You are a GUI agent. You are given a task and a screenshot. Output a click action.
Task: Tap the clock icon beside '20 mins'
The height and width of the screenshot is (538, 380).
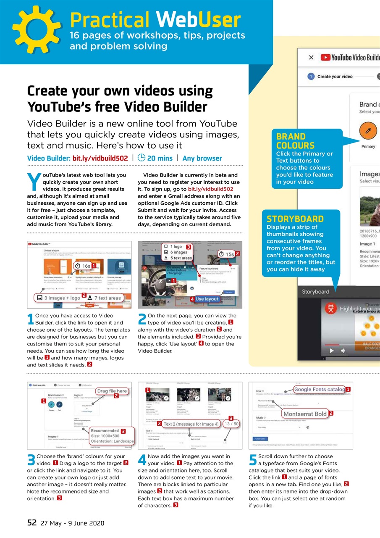click(x=141, y=158)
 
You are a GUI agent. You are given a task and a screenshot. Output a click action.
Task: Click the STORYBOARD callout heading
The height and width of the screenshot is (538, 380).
click(x=295, y=219)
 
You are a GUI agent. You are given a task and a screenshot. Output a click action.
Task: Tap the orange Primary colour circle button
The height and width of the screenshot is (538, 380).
click(x=368, y=131)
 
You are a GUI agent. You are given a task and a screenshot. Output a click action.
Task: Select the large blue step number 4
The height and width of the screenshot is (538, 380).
click(x=142, y=460)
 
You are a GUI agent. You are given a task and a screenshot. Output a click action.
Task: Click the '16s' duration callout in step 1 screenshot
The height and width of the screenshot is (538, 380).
click(x=83, y=266)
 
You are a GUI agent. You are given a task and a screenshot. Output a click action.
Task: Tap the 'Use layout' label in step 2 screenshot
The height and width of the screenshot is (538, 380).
click(x=207, y=299)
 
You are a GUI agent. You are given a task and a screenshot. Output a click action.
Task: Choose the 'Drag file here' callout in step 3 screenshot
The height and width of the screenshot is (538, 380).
click(x=111, y=390)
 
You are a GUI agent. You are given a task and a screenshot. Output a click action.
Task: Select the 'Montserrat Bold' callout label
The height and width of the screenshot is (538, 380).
click(x=305, y=414)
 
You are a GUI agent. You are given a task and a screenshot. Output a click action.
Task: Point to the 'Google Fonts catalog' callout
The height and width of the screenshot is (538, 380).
click(x=319, y=389)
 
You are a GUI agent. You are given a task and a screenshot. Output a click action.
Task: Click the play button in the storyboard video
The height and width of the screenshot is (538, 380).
click(x=332, y=350)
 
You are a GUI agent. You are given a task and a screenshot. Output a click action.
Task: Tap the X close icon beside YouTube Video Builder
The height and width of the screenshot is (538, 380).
click(x=311, y=58)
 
